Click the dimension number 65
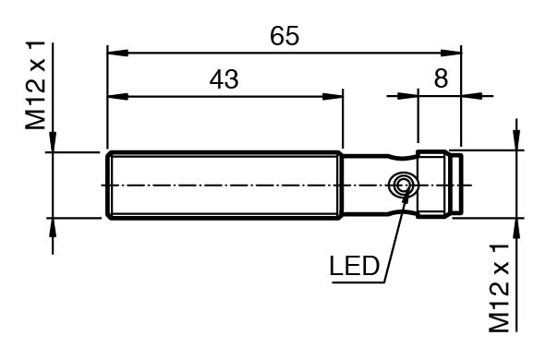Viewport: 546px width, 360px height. pyautogui.click(x=285, y=36)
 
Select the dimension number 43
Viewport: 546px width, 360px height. pyautogui.click(x=224, y=79)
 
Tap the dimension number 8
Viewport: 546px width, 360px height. pyautogui.click(x=441, y=78)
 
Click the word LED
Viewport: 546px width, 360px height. pyautogui.click(x=354, y=266)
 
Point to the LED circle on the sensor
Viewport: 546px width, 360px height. pyautogui.click(x=403, y=186)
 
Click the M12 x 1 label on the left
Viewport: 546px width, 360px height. pyautogui.click(x=35, y=85)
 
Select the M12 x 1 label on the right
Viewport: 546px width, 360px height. pyautogui.click(x=499, y=288)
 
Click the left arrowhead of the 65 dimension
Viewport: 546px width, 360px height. pyautogui.click(x=118, y=54)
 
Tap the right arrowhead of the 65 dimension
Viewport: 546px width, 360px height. pyautogui.click(x=451, y=54)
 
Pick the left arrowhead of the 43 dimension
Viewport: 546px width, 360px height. pyautogui.click(x=118, y=96)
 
